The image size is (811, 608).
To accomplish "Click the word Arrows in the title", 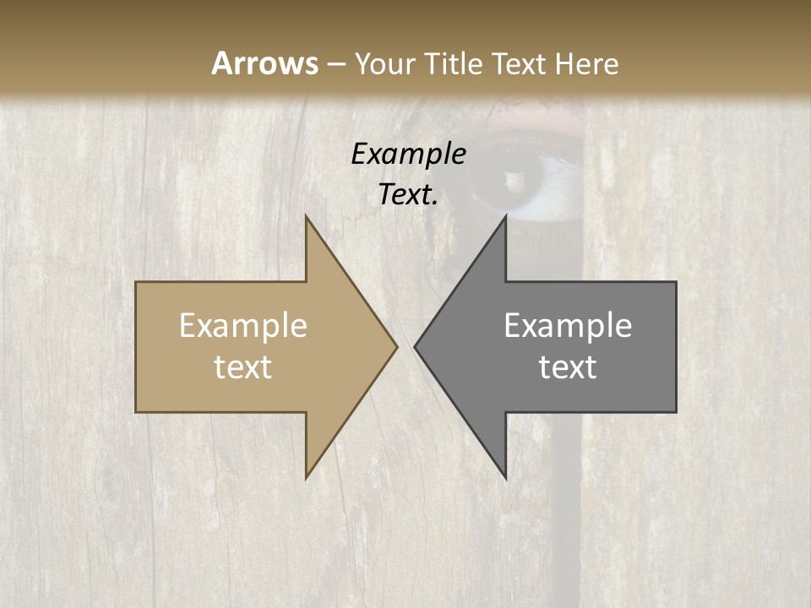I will point(264,63).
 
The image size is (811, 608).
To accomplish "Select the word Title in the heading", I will point(454,64).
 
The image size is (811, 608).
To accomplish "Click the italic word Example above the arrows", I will point(408,155).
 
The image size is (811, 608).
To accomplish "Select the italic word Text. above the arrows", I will point(408,194).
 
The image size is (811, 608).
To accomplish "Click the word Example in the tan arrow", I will point(243,326).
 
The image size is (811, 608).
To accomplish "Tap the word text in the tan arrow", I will point(243,367).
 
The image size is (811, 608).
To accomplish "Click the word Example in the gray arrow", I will point(568,326).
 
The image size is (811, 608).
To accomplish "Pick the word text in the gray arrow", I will point(568,367).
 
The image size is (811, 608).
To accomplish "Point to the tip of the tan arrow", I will point(396,346).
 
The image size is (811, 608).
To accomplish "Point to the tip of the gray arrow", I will point(415,346).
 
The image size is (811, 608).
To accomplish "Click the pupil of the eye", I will point(513,180).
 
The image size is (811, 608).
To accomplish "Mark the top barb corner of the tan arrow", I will point(306,216).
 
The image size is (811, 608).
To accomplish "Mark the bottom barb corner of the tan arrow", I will point(306,478).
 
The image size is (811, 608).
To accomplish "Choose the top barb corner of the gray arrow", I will point(505,216).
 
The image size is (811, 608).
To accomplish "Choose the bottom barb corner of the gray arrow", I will point(505,478).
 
